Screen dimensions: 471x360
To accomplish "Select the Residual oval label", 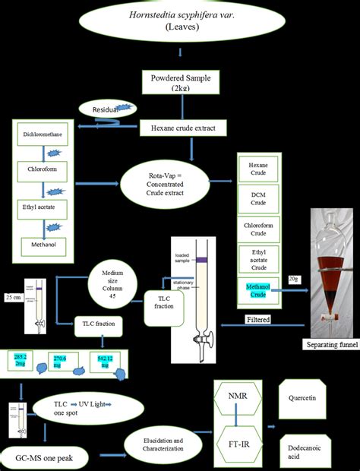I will pyautogui.click(x=108, y=109).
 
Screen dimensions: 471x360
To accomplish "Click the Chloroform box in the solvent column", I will pyautogui.click(x=42, y=172).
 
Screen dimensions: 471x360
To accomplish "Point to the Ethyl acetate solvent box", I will pyautogui.click(x=42, y=205).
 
